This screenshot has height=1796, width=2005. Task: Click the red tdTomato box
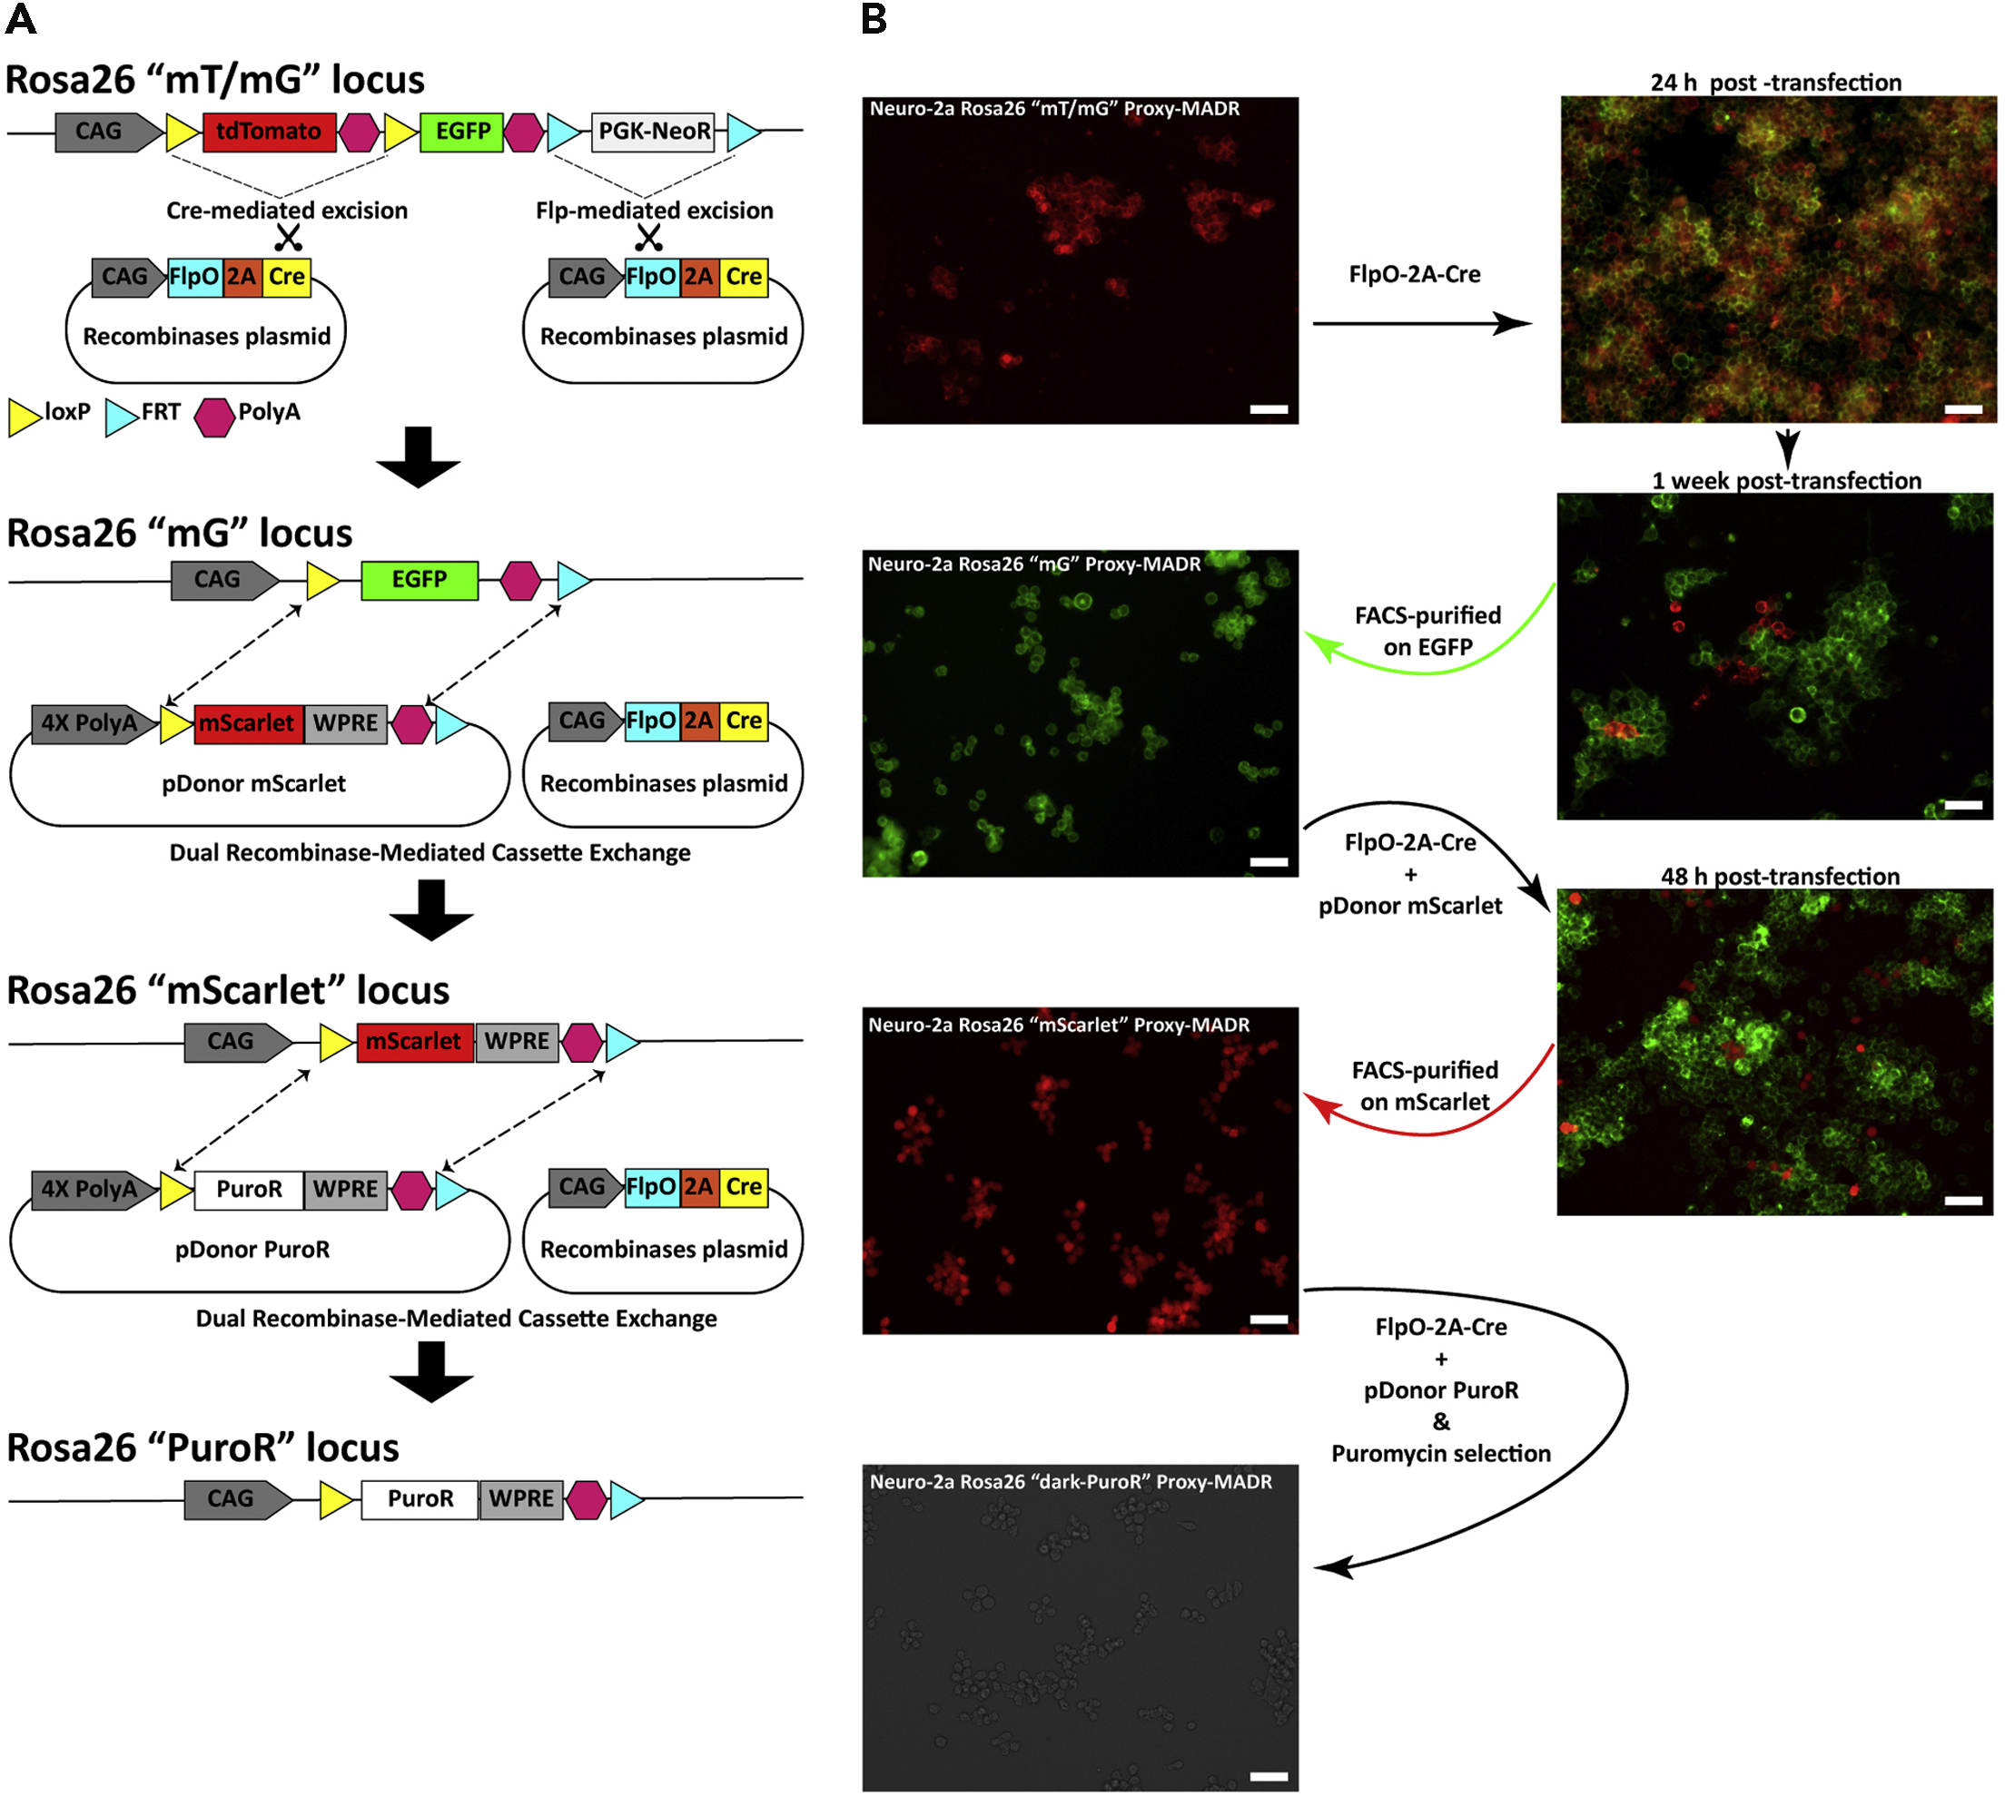click(269, 132)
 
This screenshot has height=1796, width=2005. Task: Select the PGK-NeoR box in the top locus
click(653, 132)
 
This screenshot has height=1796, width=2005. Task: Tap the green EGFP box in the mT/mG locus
click(461, 132)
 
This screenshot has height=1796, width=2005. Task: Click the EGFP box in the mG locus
click(419, 579)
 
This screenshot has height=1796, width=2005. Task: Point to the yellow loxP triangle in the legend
click(24, 416)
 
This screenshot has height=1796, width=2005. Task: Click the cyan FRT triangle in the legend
click(120, 416)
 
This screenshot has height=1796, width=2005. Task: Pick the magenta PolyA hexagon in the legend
click(214, 416)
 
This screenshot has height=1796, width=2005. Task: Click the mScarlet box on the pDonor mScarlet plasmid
click(248, 723)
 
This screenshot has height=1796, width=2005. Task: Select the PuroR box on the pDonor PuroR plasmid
click(249, 1189)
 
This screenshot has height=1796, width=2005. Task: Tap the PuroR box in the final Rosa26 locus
click(420, 1499)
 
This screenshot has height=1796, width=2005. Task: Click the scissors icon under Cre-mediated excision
click(287, 237)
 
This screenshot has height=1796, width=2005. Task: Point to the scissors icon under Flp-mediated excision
click(647, 237)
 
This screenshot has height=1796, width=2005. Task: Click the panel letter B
click(874, 20)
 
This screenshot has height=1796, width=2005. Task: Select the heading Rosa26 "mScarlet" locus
click(228, 990)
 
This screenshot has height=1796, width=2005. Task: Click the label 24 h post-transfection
click(1775, 82)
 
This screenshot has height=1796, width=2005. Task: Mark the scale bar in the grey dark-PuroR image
click(1269, 1775)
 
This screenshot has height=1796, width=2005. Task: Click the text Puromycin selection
click(1440, 1454)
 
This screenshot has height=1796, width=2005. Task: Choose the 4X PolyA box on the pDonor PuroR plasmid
click(89, 1189)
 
